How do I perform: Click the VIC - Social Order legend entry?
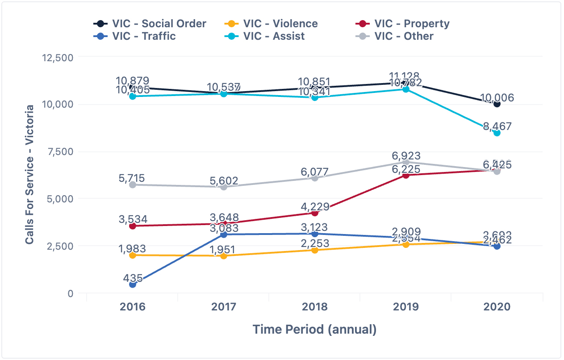(x=150, y=24)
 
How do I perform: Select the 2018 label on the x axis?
(x=315, y=307)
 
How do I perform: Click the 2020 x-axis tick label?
(x=497, y=307)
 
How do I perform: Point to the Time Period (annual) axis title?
(x=314, y=330)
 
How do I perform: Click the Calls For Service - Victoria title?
(x=29, y=175)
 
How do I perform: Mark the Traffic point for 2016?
(x=133, y=285)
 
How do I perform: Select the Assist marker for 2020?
(x=497, y=133)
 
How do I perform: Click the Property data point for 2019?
(x=406, y=176)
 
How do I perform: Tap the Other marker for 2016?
(x=133, y=185)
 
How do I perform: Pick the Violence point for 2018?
(x=315, y=250)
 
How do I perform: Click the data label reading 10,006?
(x=497, y=98)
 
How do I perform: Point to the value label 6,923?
(x=406, y=156)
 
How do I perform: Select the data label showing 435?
(x=133, y=278)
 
